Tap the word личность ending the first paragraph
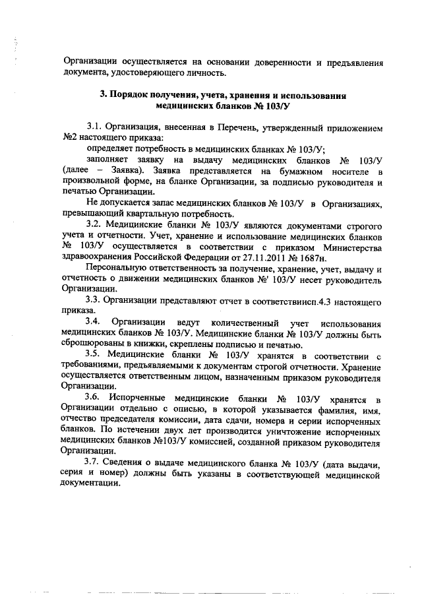point(208,73)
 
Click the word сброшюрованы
point(92,344)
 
